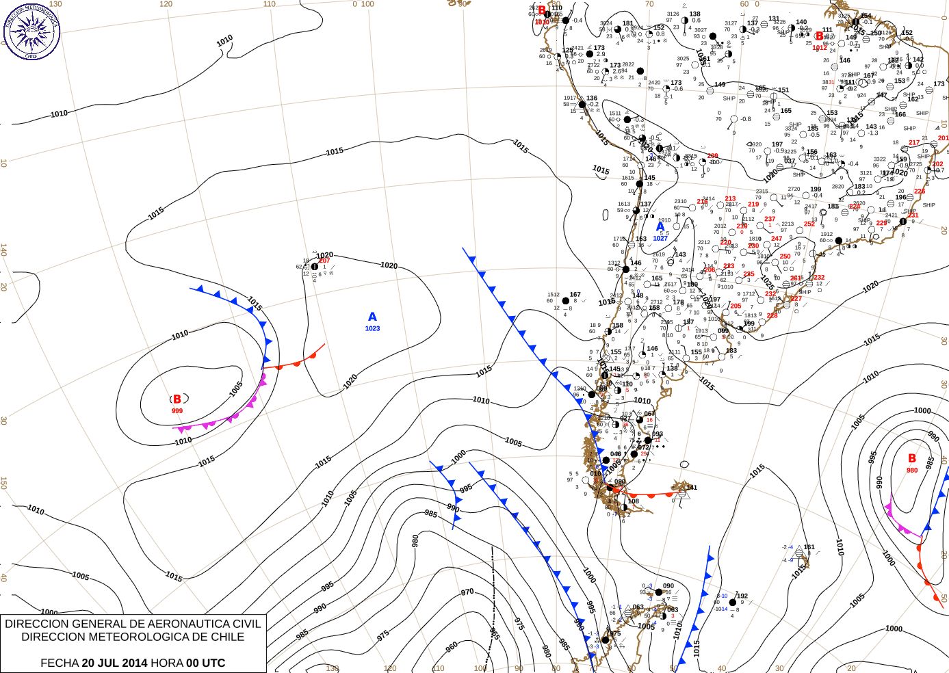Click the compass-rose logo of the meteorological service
point(31,31)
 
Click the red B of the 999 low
point(177,399)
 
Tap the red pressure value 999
point(177,411)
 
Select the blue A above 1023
point(372,317)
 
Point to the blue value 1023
point(372,329)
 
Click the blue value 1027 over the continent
point(660,238)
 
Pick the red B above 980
point(911,458)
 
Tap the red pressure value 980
point(912,470)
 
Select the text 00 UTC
point(206,663)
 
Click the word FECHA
point(60,663)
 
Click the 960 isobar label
point(452,646)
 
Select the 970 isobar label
point(467,592)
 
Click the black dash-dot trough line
point(493,602)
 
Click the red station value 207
point(324,261)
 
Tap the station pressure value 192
point(742,596)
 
